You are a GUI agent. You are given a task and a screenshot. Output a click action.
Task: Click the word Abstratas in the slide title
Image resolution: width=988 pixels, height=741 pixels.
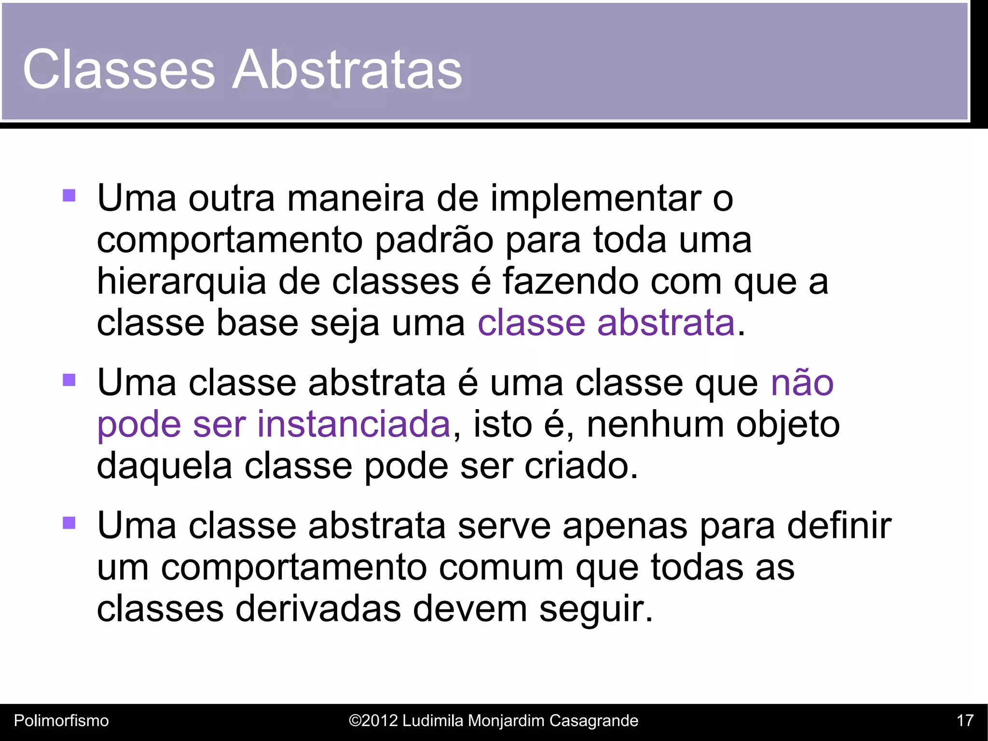coord(347,69)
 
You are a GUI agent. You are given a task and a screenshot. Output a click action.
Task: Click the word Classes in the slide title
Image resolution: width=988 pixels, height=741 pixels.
coord(119,69)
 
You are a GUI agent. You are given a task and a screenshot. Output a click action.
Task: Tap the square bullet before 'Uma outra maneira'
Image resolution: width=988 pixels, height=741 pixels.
coord(69,195)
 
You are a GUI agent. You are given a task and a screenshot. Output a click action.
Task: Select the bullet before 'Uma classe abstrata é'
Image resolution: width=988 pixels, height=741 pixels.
coord(69,381)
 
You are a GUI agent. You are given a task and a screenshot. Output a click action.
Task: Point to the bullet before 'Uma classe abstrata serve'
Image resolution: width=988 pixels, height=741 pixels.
coord(69,523)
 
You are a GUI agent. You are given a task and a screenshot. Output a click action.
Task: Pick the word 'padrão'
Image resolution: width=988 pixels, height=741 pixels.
coord(434,240)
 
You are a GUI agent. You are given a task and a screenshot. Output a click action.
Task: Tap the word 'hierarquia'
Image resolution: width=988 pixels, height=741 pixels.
coord(181,281)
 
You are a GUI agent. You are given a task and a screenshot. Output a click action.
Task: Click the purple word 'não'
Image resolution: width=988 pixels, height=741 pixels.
coord(802,383)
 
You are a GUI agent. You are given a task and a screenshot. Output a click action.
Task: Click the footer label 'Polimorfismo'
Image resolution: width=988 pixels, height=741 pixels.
coord(61,721)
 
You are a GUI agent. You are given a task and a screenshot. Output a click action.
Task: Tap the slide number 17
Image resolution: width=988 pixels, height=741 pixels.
coord(965,721)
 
